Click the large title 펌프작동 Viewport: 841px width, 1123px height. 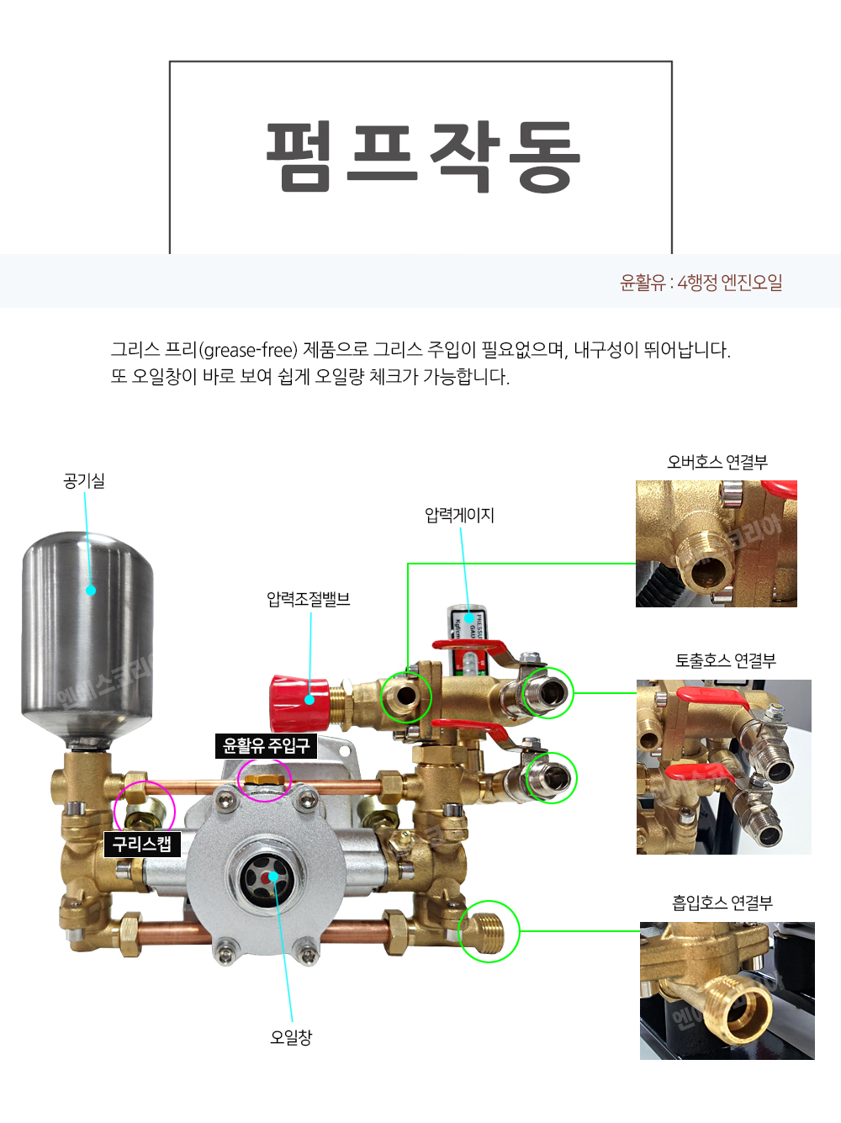[x=423, y=156]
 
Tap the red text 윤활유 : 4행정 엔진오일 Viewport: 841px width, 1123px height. [x=701, y=282]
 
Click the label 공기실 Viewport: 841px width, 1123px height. [x=84, y=481]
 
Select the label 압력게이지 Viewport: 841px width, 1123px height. [x=459, y=515]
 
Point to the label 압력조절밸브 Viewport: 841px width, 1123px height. [x=309, y=599]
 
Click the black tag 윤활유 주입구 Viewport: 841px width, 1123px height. [x=266, y=745]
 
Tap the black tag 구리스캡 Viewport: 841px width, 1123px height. [x=142, y=844]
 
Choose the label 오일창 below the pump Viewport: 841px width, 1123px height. [x=290, y=1037]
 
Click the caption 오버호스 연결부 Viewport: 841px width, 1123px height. [x=717, y=462]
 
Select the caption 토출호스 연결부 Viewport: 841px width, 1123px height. [x=725, y=660]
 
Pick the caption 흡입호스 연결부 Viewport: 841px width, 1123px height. [x=722, y=903]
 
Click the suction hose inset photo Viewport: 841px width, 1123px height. [x=727, y=990]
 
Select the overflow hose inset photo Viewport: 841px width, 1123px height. [x=717, y=543]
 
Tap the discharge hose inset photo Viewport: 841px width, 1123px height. [x=723, y=767]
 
